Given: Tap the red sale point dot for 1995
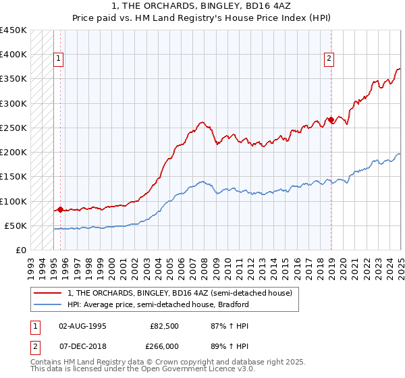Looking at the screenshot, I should click(x=60, y=209).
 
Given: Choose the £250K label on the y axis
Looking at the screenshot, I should click(x=13, y=128).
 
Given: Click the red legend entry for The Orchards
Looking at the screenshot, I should click(x=180, y=293).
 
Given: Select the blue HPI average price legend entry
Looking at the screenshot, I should click(x=158, y=304).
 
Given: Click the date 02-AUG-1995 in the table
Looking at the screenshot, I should click(x=83, y=326).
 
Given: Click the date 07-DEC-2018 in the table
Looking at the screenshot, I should click(x=83, y=346).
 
